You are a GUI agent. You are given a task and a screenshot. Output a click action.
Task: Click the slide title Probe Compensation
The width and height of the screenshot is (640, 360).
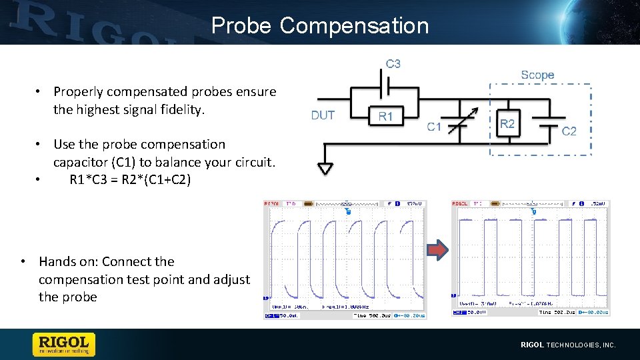(320, 25)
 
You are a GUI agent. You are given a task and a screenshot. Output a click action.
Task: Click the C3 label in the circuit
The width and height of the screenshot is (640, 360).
(393, 64)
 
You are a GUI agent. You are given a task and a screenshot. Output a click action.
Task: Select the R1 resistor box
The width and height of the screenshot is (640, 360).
(386, 116)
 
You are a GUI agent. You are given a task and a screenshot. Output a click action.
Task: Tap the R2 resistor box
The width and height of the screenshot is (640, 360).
(507, 123)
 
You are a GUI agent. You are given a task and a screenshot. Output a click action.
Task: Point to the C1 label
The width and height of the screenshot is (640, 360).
(434, 127)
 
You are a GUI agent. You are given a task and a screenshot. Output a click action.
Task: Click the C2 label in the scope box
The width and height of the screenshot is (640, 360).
(569, 131)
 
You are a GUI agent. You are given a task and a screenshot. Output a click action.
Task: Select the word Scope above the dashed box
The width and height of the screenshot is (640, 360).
(537, 75)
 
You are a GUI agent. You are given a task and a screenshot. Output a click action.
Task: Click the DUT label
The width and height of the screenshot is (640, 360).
(323, 115)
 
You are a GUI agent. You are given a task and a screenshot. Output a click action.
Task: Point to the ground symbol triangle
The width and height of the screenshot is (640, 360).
(325, 169)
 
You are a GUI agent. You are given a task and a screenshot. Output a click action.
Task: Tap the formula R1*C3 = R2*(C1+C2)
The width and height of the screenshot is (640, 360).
(130, 179)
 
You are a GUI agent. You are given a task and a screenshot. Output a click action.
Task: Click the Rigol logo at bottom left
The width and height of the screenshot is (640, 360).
(64, 344)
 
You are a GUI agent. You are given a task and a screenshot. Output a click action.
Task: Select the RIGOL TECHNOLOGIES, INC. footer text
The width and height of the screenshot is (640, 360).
(568, 345)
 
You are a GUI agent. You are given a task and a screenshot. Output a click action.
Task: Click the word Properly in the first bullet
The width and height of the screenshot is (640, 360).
(79, 91)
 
